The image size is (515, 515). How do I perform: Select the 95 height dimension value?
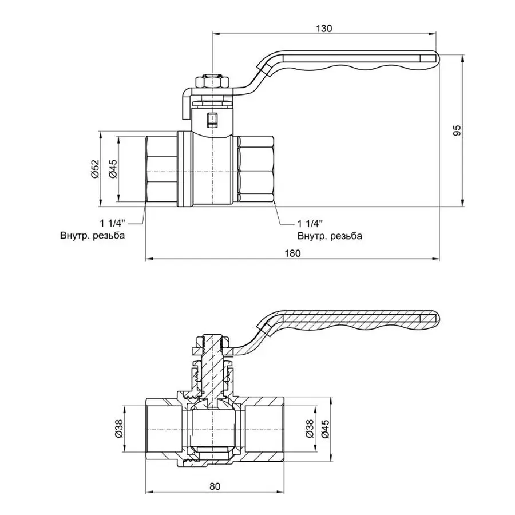click(456, 130)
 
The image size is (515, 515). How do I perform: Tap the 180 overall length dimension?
click(292, 253)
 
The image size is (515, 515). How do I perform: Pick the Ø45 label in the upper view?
click(113, 169)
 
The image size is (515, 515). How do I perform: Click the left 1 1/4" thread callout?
click(113, 223)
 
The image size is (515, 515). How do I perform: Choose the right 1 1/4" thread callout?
click(310, 223)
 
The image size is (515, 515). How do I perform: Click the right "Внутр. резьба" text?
click(330, 235)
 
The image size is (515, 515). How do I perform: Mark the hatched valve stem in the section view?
click(213, 366)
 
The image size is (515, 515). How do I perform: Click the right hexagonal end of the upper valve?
click(256, 171)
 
